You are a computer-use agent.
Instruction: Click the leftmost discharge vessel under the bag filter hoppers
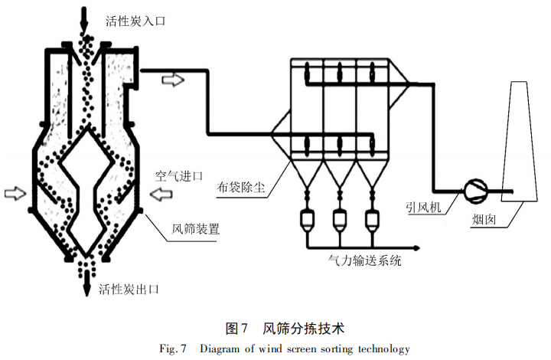click(306, 220)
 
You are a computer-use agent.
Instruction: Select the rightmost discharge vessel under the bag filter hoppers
click(373, 220)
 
